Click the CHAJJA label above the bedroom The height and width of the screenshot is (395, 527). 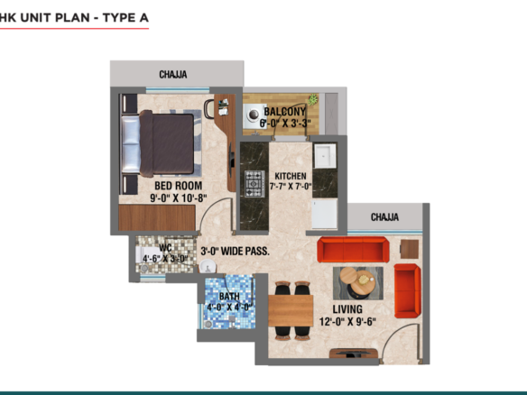[173, 74]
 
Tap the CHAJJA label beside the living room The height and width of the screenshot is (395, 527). [384, 217]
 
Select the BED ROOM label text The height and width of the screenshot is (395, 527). [179, 186]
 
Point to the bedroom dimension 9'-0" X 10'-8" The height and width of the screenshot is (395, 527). [179, 198]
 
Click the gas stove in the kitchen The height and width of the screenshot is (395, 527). [254, 184]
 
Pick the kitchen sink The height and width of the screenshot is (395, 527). [325, 156]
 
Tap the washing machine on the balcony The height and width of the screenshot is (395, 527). [254, 115]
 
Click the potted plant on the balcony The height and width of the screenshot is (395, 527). [313, 99]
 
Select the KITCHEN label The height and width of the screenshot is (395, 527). [291, 176]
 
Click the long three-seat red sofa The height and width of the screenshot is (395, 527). [353, 250]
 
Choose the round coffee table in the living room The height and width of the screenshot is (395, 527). [362, 283]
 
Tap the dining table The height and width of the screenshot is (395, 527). [291, 311]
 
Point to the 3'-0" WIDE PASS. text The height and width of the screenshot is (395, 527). [235, 251]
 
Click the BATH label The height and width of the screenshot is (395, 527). [229, 297]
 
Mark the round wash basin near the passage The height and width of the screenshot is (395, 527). [208, 267]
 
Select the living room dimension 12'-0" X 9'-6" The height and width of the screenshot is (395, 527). [347, 322]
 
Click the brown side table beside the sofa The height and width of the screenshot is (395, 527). [410, 249]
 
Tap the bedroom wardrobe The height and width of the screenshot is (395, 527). [157, 217]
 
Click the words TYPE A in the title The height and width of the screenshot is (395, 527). [125, 17]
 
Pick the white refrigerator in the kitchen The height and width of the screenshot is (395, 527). [324, 215]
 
